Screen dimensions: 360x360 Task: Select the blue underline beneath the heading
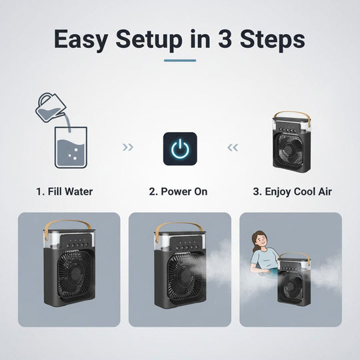pos(180,61)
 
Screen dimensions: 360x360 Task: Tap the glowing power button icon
pos(180,149)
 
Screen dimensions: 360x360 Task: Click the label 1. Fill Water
pos(64,191)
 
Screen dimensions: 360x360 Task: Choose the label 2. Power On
pos(179,191)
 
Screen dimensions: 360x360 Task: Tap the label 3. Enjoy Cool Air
pos(292,191)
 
